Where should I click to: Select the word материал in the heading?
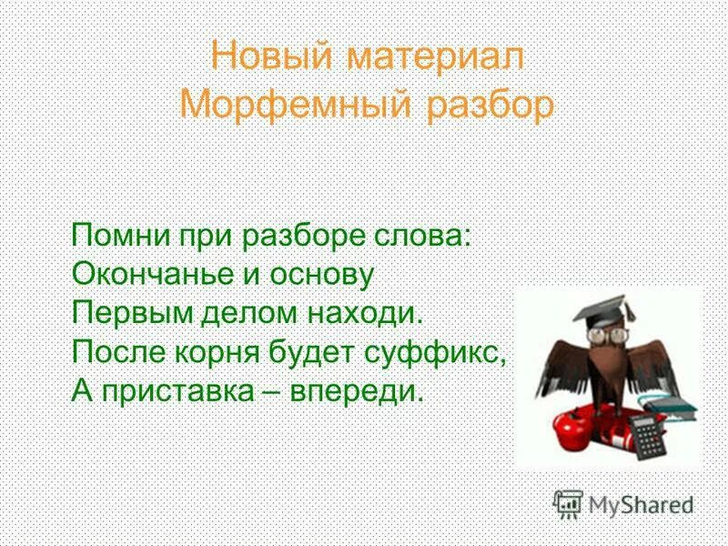(x=431, y=56)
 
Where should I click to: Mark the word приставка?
(x=185, y=392)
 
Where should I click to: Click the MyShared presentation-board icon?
(x=569, y=504)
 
